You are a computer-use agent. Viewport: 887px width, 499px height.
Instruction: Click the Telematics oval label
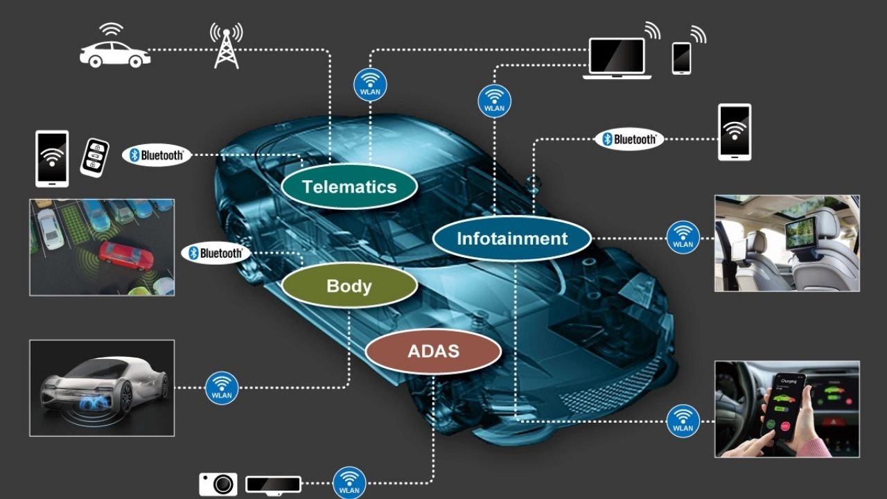(349, 186)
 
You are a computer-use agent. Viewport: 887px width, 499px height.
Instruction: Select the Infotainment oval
(512, 239)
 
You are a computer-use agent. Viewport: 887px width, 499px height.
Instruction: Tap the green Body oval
(349, 286)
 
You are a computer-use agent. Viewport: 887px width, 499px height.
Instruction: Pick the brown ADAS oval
(433, 351)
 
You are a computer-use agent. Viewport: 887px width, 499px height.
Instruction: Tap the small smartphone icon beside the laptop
(681, 58)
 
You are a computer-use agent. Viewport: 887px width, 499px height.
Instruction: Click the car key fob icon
(95, 157)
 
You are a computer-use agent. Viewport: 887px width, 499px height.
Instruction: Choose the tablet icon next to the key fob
(52, 159)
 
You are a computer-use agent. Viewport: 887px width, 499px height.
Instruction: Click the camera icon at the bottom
(218, 484)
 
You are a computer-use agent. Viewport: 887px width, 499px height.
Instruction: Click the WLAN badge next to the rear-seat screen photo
(683, 238)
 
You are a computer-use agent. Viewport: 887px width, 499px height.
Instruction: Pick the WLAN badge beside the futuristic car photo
(222, 387)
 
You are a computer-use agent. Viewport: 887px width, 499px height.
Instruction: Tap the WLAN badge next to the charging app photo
(683, 421)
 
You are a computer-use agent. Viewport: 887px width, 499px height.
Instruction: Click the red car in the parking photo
(125, 256)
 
